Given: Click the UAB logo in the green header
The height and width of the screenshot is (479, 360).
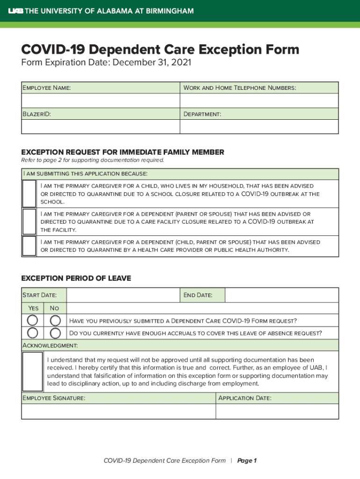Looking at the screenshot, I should [16, 11].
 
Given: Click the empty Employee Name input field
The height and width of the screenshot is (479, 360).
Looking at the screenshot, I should [101, 101].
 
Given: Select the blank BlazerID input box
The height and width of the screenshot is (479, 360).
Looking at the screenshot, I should [101, 127].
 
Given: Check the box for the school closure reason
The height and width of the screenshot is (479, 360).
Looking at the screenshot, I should [29, 194].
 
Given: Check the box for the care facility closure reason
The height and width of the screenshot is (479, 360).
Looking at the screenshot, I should [29, 221].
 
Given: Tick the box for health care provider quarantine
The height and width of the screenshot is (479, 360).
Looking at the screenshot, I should [29, 246].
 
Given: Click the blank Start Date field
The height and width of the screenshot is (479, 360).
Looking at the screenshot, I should [123, 295].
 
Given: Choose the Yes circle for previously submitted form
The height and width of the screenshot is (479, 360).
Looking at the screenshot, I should [33, 320].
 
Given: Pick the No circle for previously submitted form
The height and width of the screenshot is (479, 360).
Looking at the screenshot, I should [55, 320].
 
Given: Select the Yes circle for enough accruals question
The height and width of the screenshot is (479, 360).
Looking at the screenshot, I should [33, 333].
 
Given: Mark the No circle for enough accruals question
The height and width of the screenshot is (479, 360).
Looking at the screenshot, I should [55, 333].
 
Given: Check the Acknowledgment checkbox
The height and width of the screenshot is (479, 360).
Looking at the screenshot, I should [33, 371].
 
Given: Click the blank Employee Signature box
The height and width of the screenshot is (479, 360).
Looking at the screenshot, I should [118, 411].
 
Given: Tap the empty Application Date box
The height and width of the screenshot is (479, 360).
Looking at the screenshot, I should [277, 411].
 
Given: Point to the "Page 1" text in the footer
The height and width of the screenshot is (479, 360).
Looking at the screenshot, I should [247, 461].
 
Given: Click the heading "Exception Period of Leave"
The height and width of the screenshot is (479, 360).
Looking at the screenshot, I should [76, 278].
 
